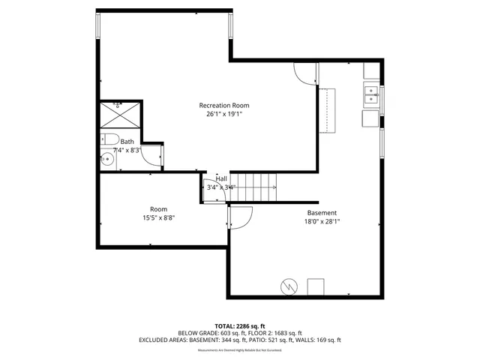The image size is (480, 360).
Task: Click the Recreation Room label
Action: click(223, 105)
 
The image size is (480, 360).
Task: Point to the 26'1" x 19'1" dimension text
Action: click(223, 115)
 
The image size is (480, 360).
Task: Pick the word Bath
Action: click(127, 142)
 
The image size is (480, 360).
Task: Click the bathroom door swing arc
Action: click(152, 154)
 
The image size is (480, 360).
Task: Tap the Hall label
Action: click(221, 178)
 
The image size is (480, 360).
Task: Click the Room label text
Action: click(158, 209)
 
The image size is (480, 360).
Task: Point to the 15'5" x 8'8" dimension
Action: click(158, 219)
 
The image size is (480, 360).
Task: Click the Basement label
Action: click(322, 212)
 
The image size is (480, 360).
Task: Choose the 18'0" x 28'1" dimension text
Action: click(322, 222)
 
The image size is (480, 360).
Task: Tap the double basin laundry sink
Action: click(371, 95)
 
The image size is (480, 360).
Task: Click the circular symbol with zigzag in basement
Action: click(289, 286)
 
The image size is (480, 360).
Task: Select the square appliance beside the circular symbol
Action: click(316, 286)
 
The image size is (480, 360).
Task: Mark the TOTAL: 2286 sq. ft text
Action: click(239, 326)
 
